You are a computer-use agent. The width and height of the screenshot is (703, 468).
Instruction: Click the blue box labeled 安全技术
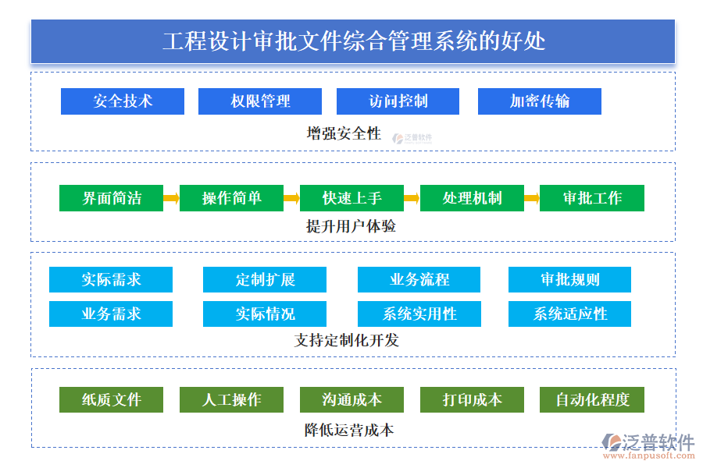pos(123,101)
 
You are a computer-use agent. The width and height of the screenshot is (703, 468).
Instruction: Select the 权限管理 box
pos(260,101)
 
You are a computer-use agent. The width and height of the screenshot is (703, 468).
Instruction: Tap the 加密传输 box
pos(540,101)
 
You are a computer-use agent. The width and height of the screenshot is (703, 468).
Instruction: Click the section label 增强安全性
pos(344,133)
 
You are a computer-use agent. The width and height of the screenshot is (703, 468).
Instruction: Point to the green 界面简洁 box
pos(112,198)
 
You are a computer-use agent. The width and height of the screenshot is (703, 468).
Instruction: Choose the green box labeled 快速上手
pos(351,198)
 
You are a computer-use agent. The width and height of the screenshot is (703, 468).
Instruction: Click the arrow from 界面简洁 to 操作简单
pos(171,198)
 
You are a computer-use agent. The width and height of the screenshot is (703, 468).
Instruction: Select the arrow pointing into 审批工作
pos(531,198)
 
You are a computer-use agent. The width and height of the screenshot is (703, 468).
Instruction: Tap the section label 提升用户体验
pos(351,226)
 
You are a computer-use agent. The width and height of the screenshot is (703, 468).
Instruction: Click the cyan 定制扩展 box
pos(265,279)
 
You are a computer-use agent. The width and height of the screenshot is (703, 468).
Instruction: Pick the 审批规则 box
pos(569,279)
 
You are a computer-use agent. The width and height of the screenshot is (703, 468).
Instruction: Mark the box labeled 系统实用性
pos(419,314)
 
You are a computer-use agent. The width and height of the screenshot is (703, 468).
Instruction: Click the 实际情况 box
pos(265,314)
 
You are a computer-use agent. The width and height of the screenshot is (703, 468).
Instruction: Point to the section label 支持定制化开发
pos(347,340)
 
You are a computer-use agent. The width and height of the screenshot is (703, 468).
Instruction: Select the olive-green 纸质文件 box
pos(112,399)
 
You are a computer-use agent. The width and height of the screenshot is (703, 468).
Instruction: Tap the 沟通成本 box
pos(351,399)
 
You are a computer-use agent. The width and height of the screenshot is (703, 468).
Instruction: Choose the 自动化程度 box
pos(592,399)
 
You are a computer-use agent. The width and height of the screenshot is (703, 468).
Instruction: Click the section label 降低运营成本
pos(348,430)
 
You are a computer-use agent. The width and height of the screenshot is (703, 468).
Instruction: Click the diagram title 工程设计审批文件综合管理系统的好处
pos(353,41)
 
